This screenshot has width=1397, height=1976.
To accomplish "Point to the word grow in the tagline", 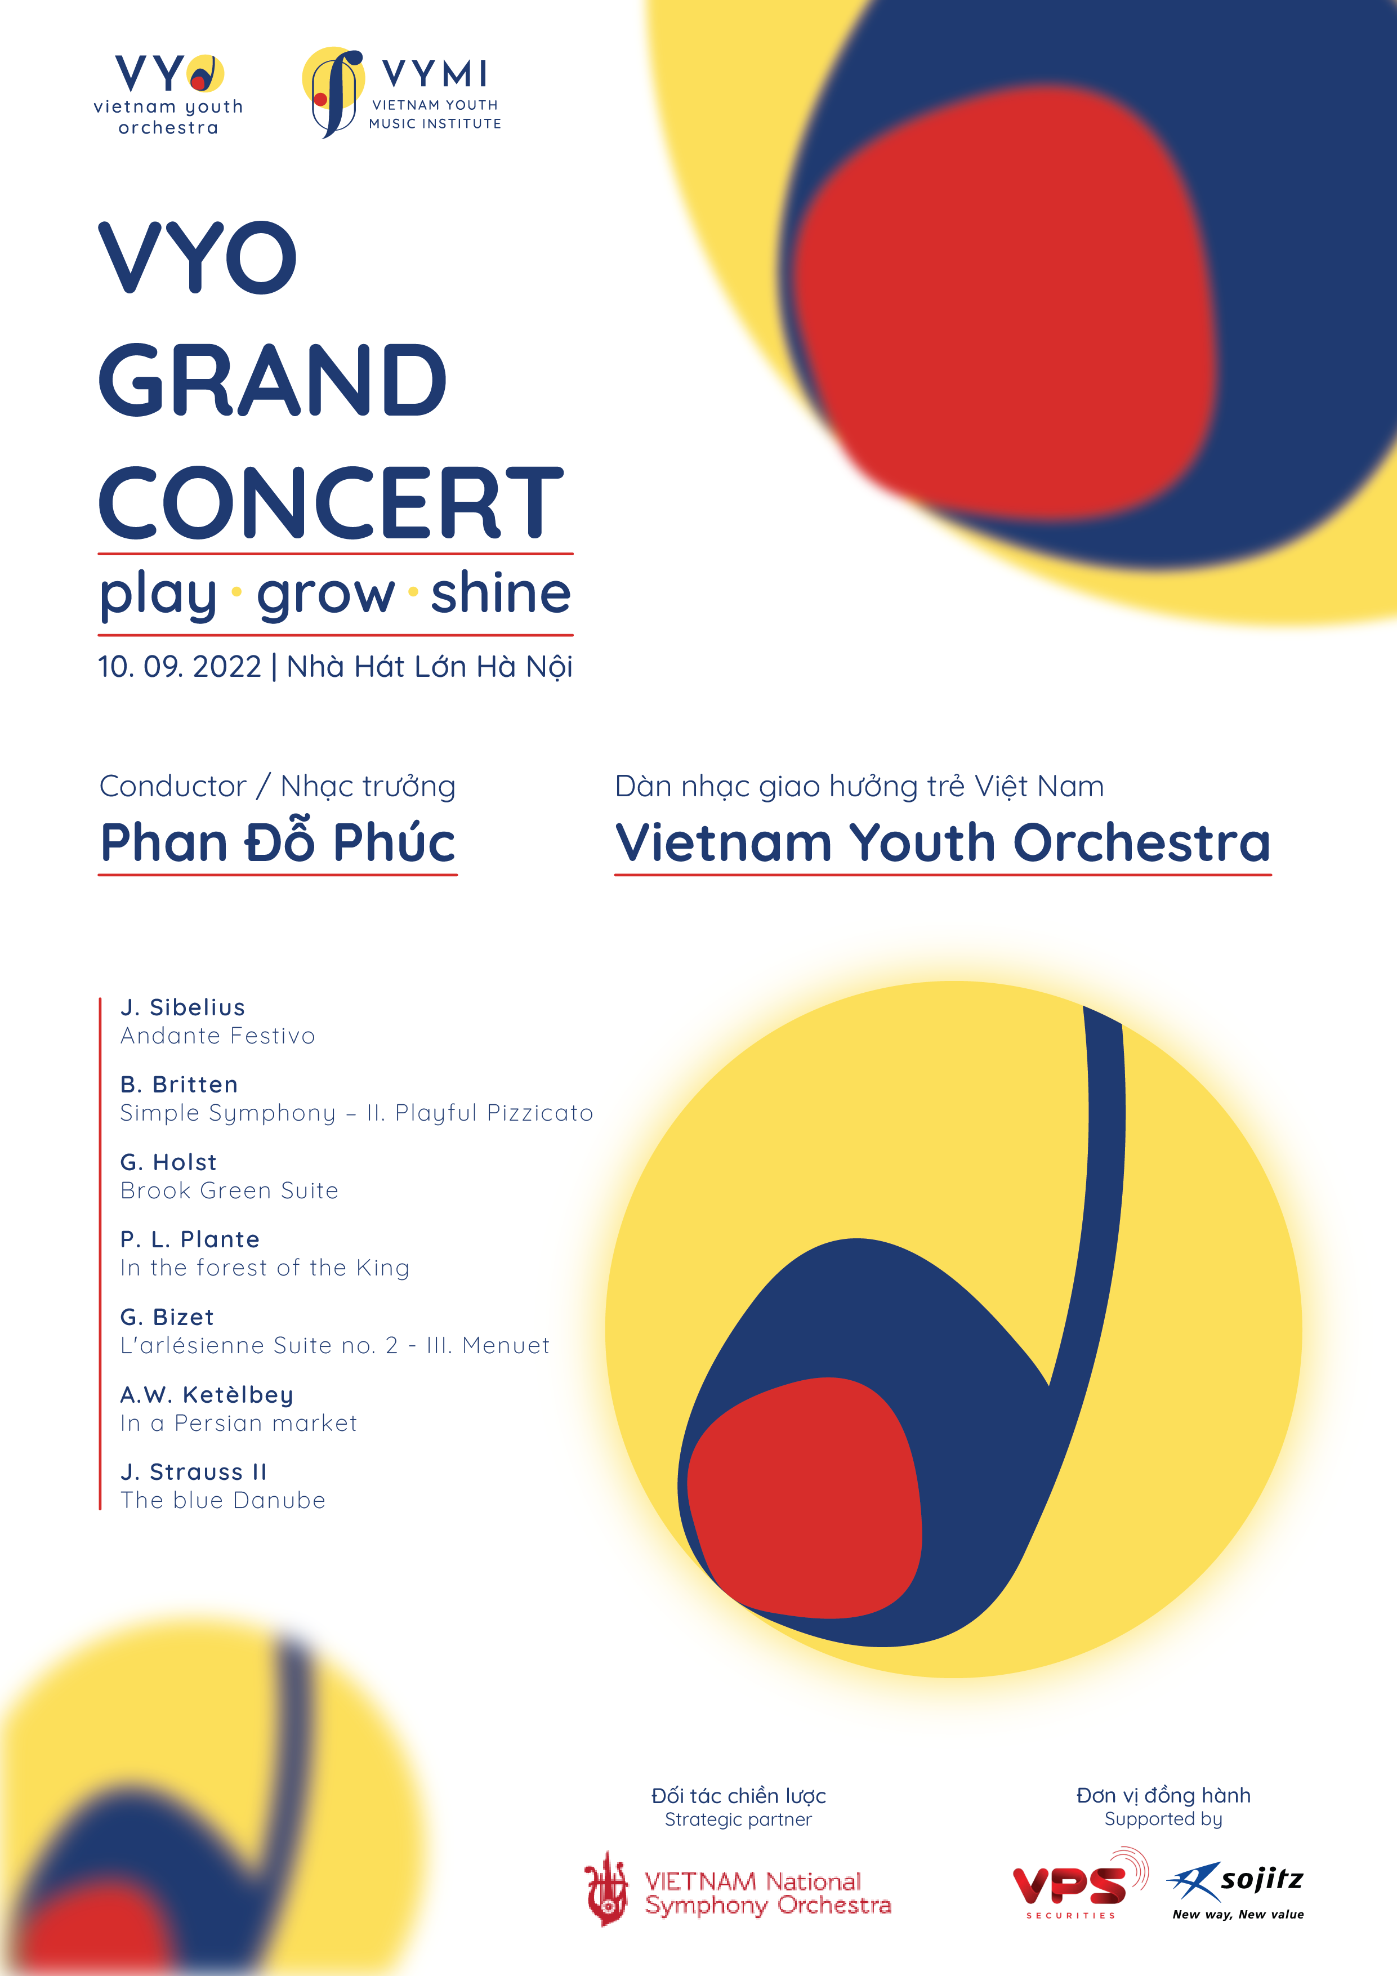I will [325, 594].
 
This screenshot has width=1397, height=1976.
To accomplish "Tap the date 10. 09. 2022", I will [179, 667].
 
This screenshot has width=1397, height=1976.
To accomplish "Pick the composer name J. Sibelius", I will [182, 1007].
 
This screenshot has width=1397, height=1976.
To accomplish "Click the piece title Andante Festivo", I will [218, 1036].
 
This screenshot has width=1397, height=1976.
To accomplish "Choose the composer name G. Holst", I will [169, 1162].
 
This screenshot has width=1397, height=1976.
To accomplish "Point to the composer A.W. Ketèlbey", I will [207, 1394].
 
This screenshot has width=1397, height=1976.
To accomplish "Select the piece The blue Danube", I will [223, 1500].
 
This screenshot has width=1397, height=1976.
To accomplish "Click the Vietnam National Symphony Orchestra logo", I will [738, 1893].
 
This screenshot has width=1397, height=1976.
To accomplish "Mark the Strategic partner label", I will [738, 1819].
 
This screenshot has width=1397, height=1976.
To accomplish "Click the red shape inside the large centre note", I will [805, 1497].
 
